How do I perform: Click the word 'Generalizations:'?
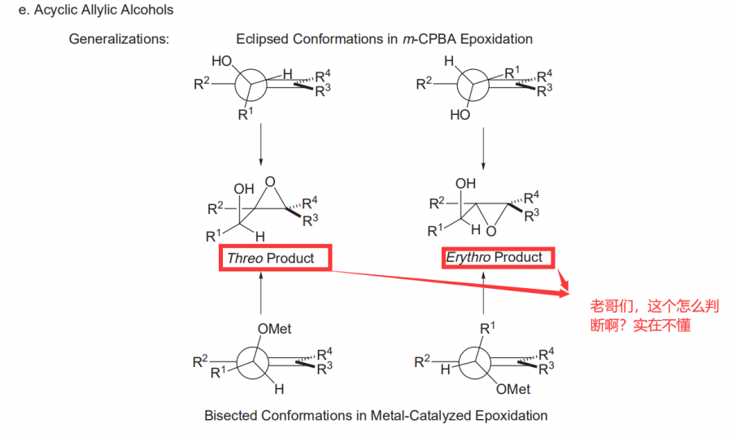119,39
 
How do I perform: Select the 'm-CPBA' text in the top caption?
428,39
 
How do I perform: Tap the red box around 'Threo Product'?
277,258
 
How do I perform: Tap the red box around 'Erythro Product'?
498,257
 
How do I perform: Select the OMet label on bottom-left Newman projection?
274,329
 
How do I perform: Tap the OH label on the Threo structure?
244,189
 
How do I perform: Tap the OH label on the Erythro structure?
465,184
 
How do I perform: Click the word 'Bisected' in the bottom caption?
230,415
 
